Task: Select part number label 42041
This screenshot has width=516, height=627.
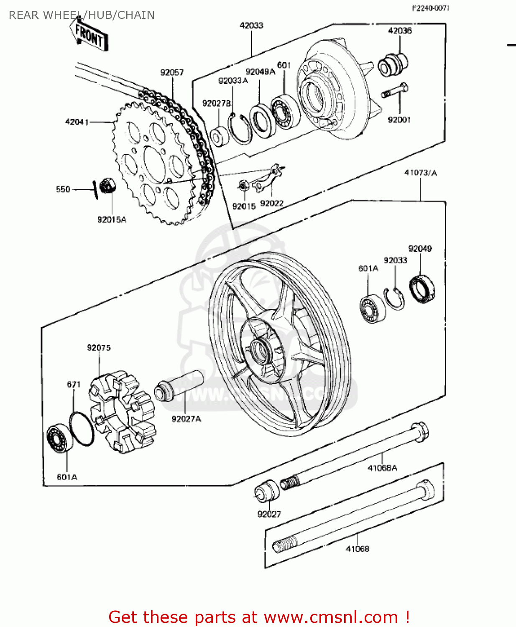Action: pos(77,122)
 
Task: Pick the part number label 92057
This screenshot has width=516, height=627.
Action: pos(172,73)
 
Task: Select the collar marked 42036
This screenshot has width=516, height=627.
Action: pos(392,65)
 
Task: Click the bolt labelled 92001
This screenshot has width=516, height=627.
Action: pos(395,91)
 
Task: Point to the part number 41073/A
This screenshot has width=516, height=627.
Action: pos(420,173)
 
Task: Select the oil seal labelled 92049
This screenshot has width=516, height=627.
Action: pos(422,289)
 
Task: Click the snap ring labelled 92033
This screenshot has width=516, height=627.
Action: pos(394,298)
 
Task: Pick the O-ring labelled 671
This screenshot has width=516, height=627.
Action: pos(82,428)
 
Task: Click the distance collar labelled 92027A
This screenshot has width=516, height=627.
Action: pos(179,386)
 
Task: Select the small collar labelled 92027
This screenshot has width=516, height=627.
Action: pos(267,491)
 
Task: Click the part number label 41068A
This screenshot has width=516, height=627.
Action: pos(382,468)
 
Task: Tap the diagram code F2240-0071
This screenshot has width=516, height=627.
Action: pos(431,8)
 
